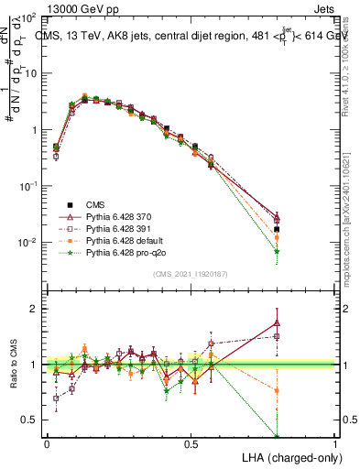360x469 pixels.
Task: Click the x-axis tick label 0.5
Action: point(191,444)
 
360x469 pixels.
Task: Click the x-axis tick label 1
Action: point(335,444)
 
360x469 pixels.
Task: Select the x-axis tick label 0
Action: point(47,444)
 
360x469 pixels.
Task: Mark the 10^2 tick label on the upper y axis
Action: point(27,18)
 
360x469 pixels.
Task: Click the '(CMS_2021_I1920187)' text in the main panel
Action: point(191,274)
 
